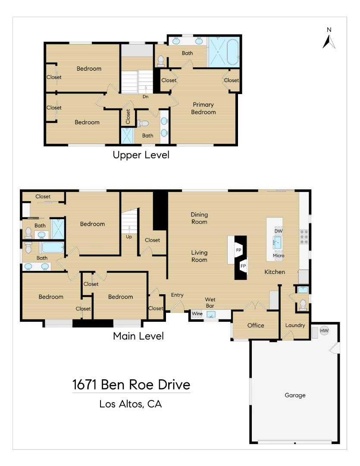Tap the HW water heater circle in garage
(x=324, y=331)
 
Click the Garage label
(x=295, y=395)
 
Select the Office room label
(x=256, y=325)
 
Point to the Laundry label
(x=295, y=325)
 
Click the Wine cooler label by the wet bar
(x=197, y=314)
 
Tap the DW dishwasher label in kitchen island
(x=278, y=231)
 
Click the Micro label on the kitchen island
(x=279, y=256)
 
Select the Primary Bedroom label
(x=203, y=108)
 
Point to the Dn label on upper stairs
(x=146, y=97)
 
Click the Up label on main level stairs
(x=129, y=237)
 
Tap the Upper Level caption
(x=141, y=155)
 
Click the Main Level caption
(x=138, y=336)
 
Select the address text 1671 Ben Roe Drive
(x=131, y=384)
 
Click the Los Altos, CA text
(x=131, y=404)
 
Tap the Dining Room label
(x=199, y=218)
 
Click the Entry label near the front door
(x=177, y=295)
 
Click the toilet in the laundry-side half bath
(x=303, y=304)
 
